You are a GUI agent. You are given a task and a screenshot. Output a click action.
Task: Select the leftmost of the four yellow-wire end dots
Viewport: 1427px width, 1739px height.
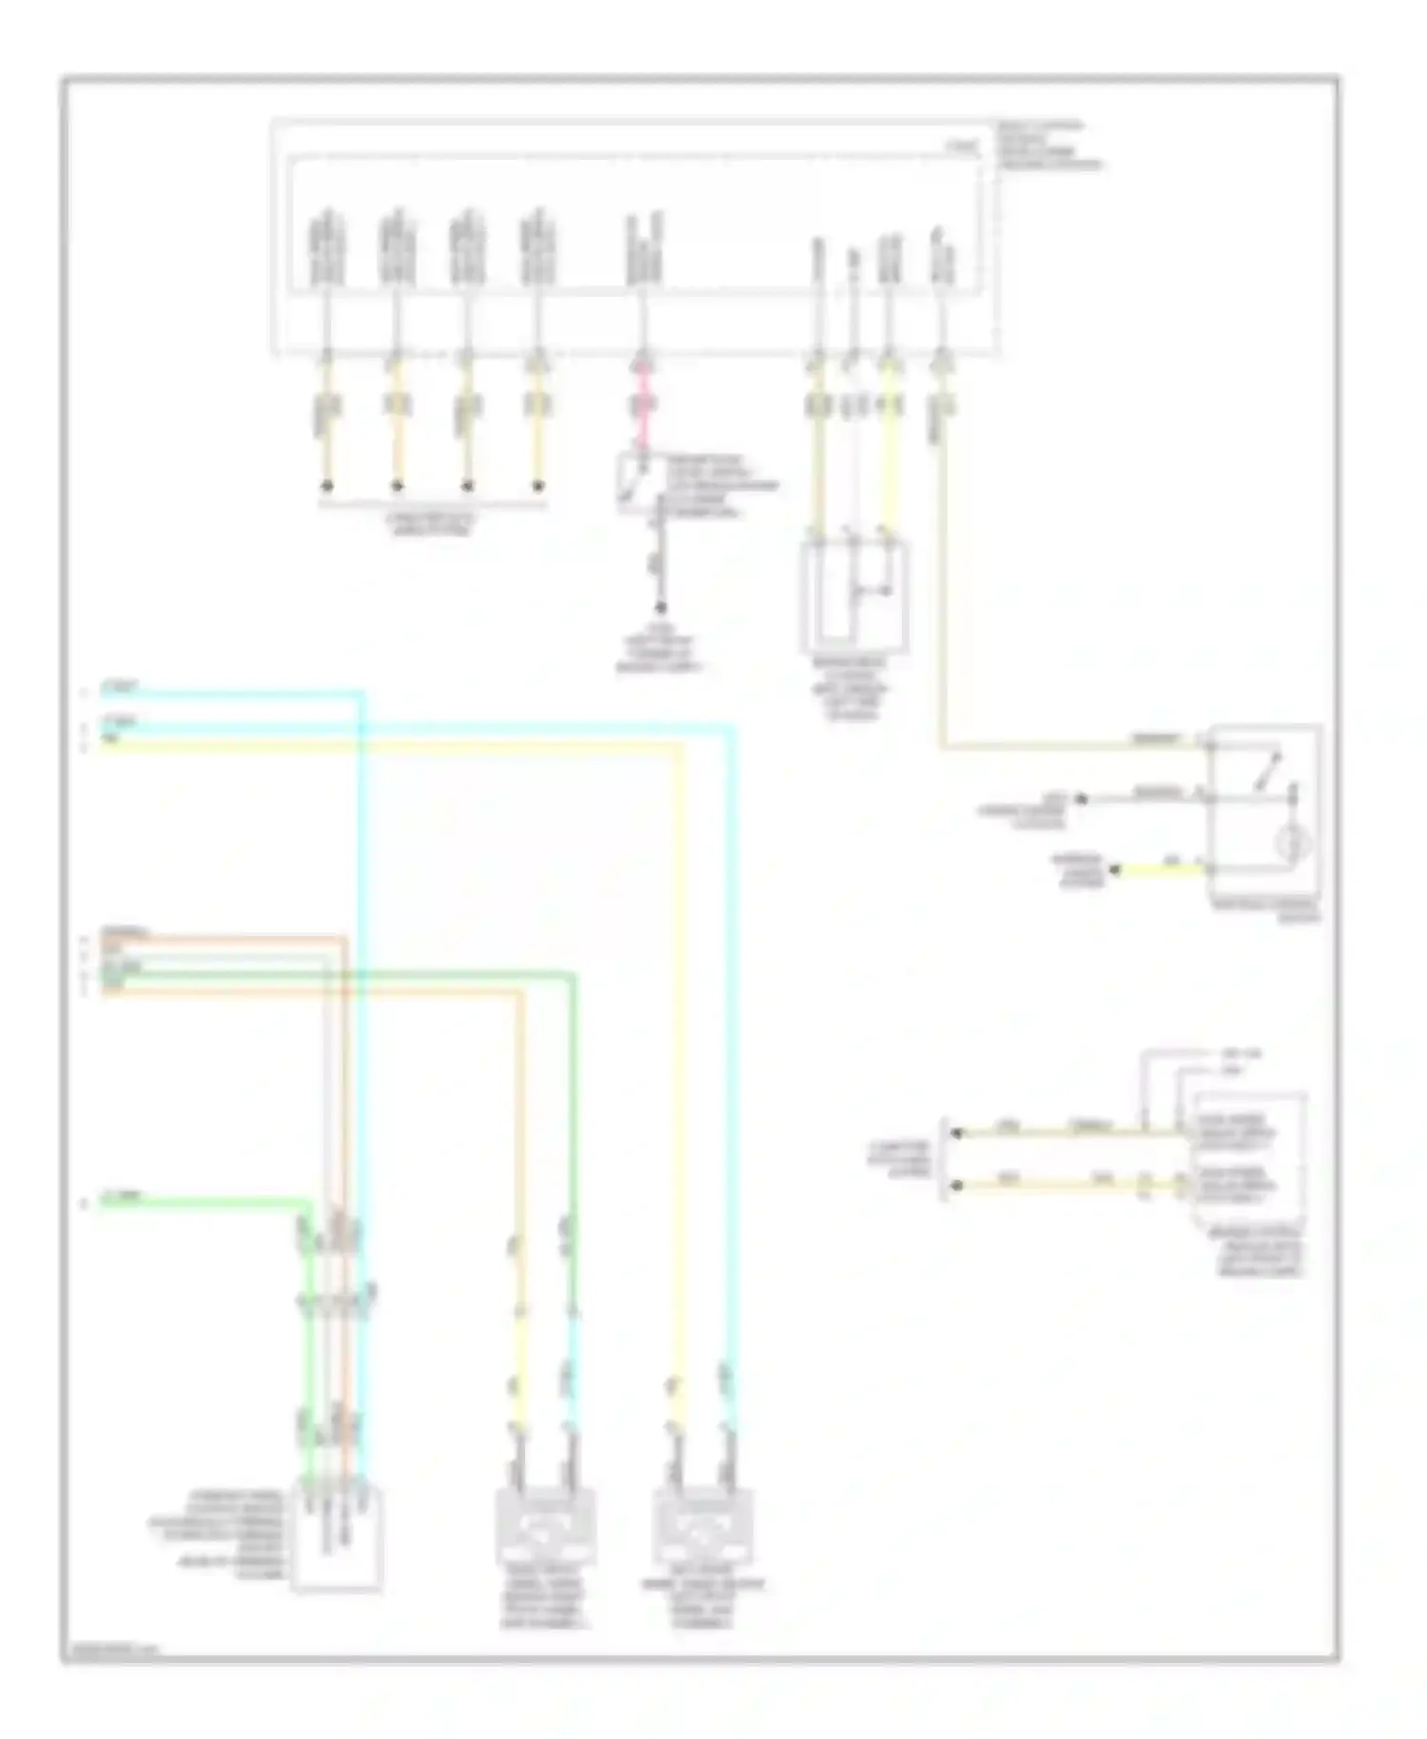click(x=326, y=486)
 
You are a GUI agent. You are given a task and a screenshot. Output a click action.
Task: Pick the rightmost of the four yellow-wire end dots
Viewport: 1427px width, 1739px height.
click(x=538, y=486)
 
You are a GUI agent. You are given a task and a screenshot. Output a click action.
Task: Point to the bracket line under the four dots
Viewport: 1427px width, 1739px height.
click(x=432, y=504)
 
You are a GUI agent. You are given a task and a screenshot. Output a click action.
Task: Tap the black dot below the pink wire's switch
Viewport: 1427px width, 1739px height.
click(x=659, y=608)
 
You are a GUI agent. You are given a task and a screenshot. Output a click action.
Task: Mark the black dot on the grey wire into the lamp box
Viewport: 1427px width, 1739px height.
click(x=1082, y=799)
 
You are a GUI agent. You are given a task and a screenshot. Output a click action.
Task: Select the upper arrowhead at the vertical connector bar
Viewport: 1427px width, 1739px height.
click(x=958, y=1133)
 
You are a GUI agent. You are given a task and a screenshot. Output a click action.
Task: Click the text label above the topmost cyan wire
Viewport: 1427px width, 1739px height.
click(x=123, y=685)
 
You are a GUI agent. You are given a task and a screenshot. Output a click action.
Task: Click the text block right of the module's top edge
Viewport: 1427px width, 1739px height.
click(x=1048, y=145)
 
